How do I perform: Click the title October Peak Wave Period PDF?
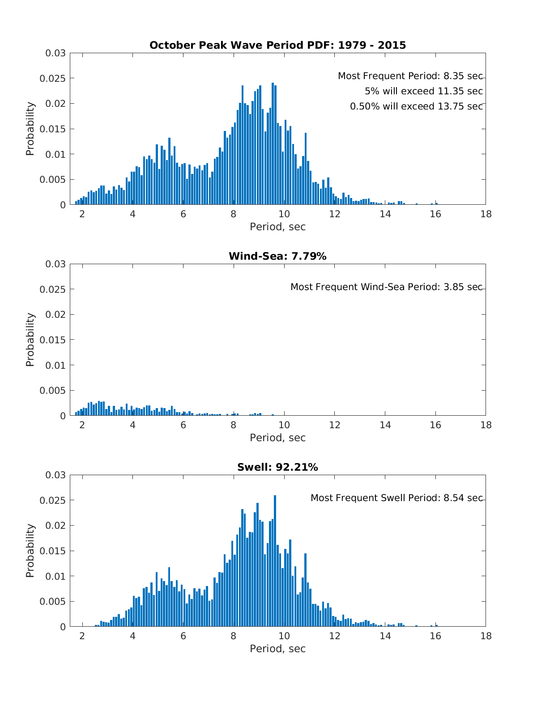tap(277, 45)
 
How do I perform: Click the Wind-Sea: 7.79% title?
tap(277, 256)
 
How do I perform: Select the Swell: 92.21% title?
tap(277, 467)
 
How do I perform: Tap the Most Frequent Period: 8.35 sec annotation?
tap(410, 76)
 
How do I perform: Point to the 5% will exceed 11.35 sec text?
tap(423, 91)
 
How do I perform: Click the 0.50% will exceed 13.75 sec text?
tap(416, 106)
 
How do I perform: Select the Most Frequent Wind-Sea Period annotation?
tap(386, 287)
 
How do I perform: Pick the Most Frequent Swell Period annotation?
tap(396, 498)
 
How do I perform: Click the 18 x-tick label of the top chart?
tap(486, 214)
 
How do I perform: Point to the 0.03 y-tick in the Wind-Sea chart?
tap(55, 264)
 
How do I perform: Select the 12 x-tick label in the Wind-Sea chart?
tap(334, 425)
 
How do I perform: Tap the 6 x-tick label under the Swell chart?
tap(183, 636)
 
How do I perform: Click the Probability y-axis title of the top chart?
tap(30, 129)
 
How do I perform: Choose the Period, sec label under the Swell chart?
tap(277, 649)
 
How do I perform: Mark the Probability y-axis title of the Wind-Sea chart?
tap(30, 340)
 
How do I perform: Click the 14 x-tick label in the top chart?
tap(385, 214)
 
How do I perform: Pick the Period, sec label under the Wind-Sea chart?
tap(277, 438)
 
